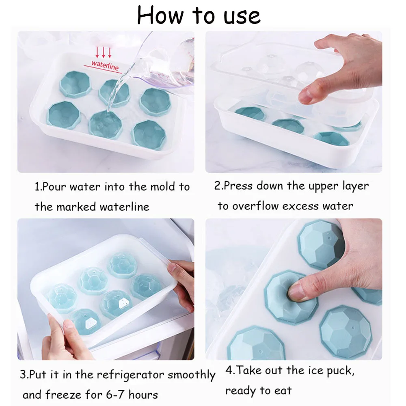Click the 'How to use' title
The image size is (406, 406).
point(199,15)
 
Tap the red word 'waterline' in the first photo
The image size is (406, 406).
point(105,65)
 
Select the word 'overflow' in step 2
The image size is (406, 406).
point(255,206)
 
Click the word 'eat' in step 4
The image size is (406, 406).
point(283,391)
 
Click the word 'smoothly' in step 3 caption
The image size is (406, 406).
point(191,374)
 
